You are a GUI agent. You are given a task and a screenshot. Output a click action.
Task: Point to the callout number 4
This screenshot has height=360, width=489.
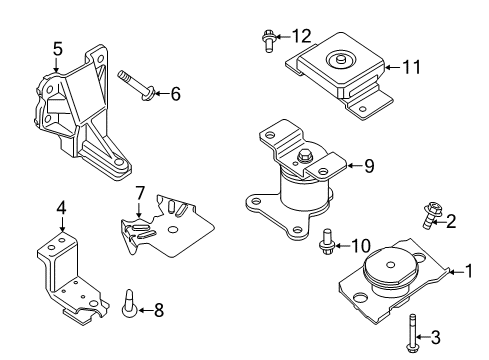pyautogui.click(x=61, y=208)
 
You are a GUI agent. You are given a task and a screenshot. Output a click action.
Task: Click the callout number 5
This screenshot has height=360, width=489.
pyautogui.click(x=58, y=47)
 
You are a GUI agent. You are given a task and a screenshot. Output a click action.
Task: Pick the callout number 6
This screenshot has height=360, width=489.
pyautogui.click(x=175, y=94)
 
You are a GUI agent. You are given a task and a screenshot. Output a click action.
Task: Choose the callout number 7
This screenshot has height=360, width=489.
pyautogui.click(x=141, y=191)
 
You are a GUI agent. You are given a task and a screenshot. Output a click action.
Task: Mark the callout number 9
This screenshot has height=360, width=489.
pyautogui.click(x=369, y=167)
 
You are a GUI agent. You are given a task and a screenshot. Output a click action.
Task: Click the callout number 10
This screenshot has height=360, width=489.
pyautogui.click(x=364, y=244)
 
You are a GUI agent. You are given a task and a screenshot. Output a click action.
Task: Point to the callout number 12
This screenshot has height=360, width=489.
pyautogui.click(x=302, y=37)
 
